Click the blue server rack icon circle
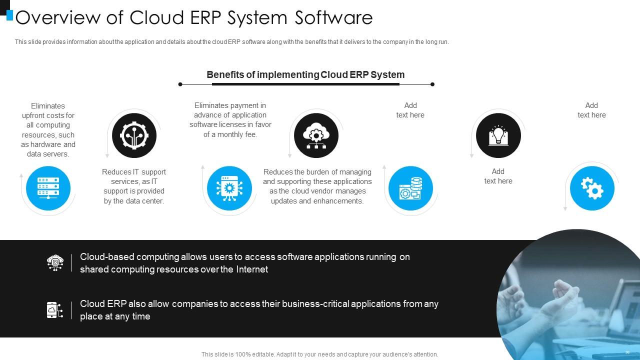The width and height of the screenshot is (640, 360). (48, 188)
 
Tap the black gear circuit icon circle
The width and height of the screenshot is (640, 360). (134, 135)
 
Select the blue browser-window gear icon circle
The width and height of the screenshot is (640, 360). (229, 188)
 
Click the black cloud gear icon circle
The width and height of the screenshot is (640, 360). (316, 135)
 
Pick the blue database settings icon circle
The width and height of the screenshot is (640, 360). (410, 188)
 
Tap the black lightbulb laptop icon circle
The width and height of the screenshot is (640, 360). (498, 135)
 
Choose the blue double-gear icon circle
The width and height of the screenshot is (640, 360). (592, 188)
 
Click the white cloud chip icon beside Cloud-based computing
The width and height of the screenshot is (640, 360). (55, 262)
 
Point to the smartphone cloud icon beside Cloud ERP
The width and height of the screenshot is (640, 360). (54, 310)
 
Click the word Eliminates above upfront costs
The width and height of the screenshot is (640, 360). (48, 106)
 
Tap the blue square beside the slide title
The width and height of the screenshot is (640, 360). (9, 15)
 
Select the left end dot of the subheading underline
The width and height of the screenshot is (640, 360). (180, 84)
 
